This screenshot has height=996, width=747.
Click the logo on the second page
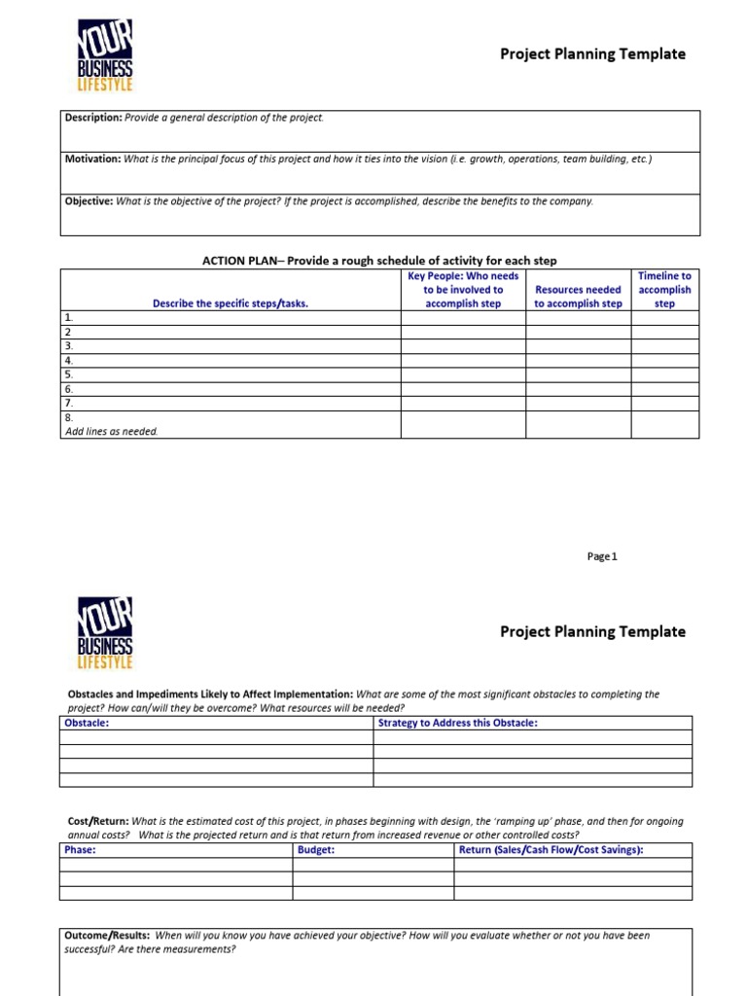[x=104, y=634]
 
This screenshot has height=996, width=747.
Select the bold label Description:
[x=93, y=118]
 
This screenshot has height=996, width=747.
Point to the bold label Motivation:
[x=92, y=159]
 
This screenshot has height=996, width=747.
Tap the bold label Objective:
[x=89, y=201]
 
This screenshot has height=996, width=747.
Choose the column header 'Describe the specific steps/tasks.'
[x=230, y=303]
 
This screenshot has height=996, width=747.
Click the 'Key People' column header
[x=463, y=290]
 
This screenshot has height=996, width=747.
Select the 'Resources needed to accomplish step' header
[x=578, y=297]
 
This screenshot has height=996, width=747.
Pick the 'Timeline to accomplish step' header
[x=664, y=290]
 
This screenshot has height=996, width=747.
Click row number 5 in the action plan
[x=69, y=374]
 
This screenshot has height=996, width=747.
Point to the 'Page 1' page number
[x=602, y=556]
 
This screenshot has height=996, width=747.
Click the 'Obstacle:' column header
[x=87, y=723]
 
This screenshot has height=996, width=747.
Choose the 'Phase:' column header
[x=80, y=849]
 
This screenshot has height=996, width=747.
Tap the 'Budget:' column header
[x=316, y=849]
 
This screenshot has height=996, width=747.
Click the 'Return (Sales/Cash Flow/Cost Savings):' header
[x=551, y=849]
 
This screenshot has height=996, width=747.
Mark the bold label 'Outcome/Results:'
[x=107, y=935]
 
